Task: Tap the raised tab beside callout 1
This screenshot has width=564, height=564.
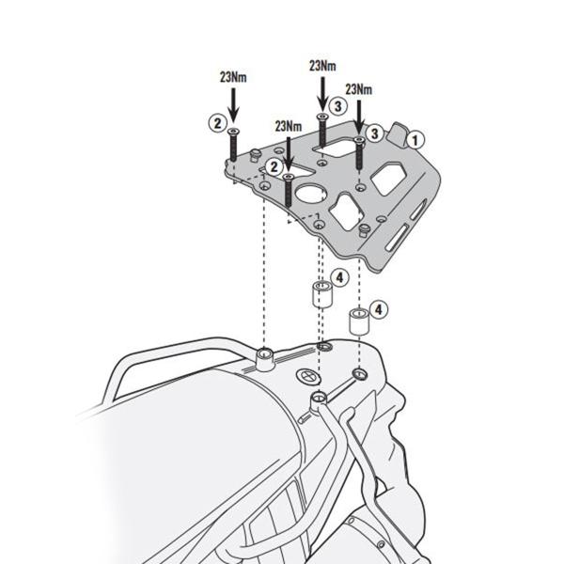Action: click(399, 133)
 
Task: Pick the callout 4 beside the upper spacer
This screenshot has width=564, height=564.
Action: click(340, 277)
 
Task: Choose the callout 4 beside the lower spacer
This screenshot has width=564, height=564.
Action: click(378, 308)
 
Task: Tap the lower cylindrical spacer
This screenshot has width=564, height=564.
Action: click(358, 321)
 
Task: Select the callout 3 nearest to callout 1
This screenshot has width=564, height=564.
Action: click(373, 133)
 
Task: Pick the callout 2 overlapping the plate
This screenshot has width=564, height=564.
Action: click(274, 165)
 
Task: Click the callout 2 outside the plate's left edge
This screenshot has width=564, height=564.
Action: click(216, 121)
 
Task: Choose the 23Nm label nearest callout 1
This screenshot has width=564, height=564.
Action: click(358, 88)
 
